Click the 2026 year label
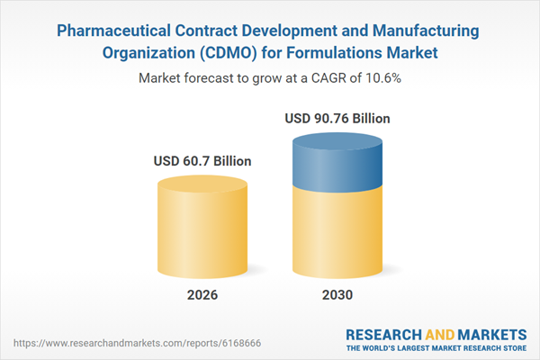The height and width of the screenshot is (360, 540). click(202, 296)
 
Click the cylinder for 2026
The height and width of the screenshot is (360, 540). click(202, 229)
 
